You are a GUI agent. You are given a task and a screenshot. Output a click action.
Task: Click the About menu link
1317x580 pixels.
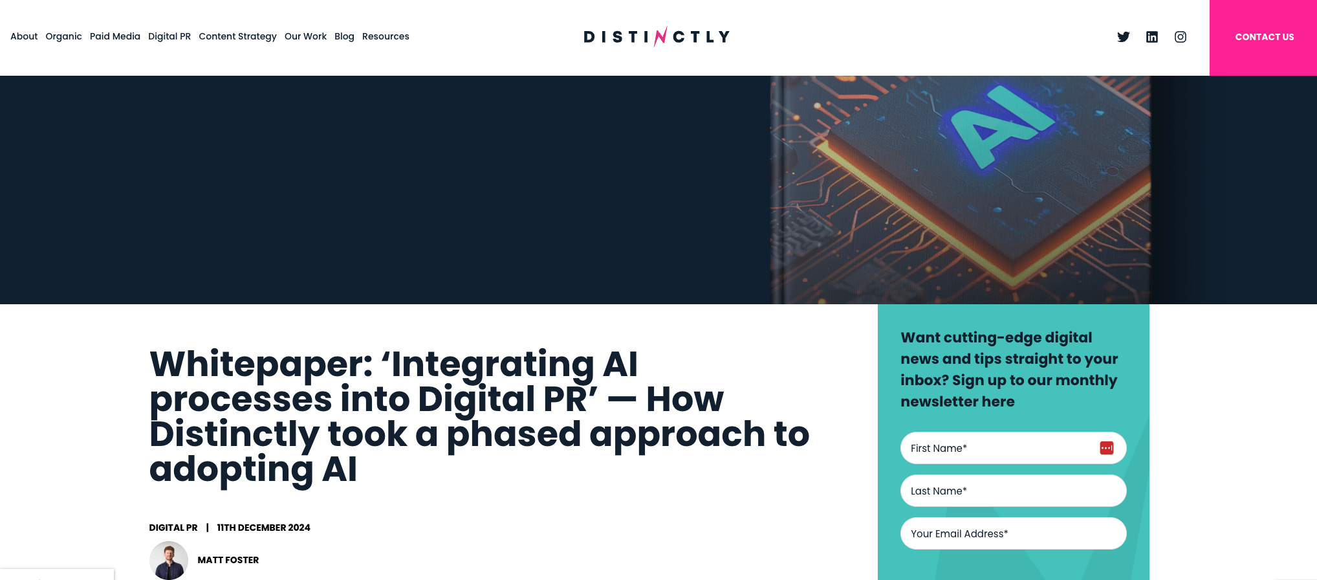click(x=24, y=36)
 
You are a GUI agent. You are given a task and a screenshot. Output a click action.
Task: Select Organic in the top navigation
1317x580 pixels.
click(x=63, y=37)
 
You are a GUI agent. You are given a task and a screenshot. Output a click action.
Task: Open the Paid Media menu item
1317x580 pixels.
click(x=115, y=36)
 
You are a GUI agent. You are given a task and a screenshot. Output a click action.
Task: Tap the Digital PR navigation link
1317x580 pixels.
click(x=169, y=37)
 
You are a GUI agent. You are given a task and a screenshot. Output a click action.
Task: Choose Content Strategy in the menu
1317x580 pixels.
click(x=237, y=37)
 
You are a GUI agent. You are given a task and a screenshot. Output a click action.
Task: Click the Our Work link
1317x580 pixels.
click(x=305, y=36)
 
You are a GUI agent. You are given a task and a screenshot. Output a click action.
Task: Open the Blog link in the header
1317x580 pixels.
click(x=344, y=37)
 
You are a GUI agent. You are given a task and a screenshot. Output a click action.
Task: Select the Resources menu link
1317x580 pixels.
click(x=386, y=36)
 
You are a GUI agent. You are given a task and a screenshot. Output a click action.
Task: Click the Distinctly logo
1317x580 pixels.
click(x=657, y=36)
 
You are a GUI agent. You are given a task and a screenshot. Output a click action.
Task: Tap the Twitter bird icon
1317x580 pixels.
click(x=1124, y=37)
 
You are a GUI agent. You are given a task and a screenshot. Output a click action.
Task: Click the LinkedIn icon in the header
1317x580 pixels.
click(x=1152, y=37)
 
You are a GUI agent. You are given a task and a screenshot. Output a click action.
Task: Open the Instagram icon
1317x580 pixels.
click(x=1181, y=37)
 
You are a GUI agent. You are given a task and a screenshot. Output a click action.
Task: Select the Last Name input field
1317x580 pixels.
click(x=1013, y=491)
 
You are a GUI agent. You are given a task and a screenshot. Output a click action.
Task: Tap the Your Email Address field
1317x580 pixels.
click(x=1013, y=533)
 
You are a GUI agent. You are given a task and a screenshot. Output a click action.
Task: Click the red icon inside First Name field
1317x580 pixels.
click(x=1107, y=448)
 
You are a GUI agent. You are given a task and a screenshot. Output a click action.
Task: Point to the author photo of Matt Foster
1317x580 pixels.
click(x=169, y=560)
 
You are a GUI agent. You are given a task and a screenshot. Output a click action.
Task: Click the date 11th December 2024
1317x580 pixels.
click(x=264, y=528)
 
